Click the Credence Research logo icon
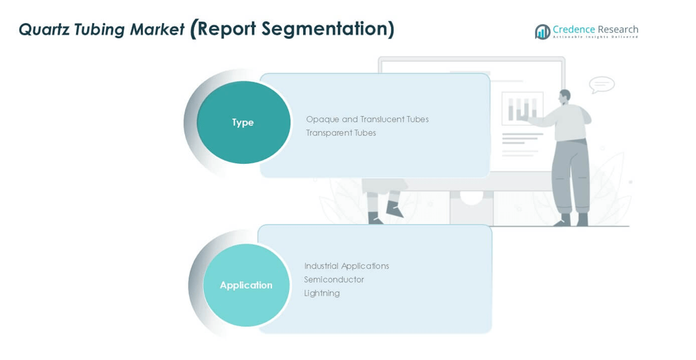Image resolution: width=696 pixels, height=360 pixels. [x=542, y=31]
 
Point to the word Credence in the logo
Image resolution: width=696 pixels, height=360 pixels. [x=574, y=29]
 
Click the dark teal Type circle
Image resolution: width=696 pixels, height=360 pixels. [x=243, y=122]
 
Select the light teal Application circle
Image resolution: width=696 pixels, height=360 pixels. [x=246, y=285]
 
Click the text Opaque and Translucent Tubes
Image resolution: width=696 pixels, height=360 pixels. [x=367, y=120]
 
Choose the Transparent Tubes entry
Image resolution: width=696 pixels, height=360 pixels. [x=340, y=133]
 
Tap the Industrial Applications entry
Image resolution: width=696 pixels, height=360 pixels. [x=346, y=266]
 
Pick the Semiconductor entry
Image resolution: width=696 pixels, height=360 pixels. [x=334, y=279]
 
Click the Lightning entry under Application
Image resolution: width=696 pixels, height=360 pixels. [x=322, y=293]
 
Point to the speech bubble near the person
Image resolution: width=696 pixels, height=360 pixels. [x=601, y=84]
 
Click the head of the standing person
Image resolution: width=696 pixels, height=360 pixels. [x=565, y=96]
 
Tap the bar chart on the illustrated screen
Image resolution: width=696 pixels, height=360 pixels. [x=522, y=108]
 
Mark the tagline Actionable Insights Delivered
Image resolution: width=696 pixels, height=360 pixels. [x=595, y=37]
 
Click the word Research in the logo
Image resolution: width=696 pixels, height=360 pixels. [x=618, y=29]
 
